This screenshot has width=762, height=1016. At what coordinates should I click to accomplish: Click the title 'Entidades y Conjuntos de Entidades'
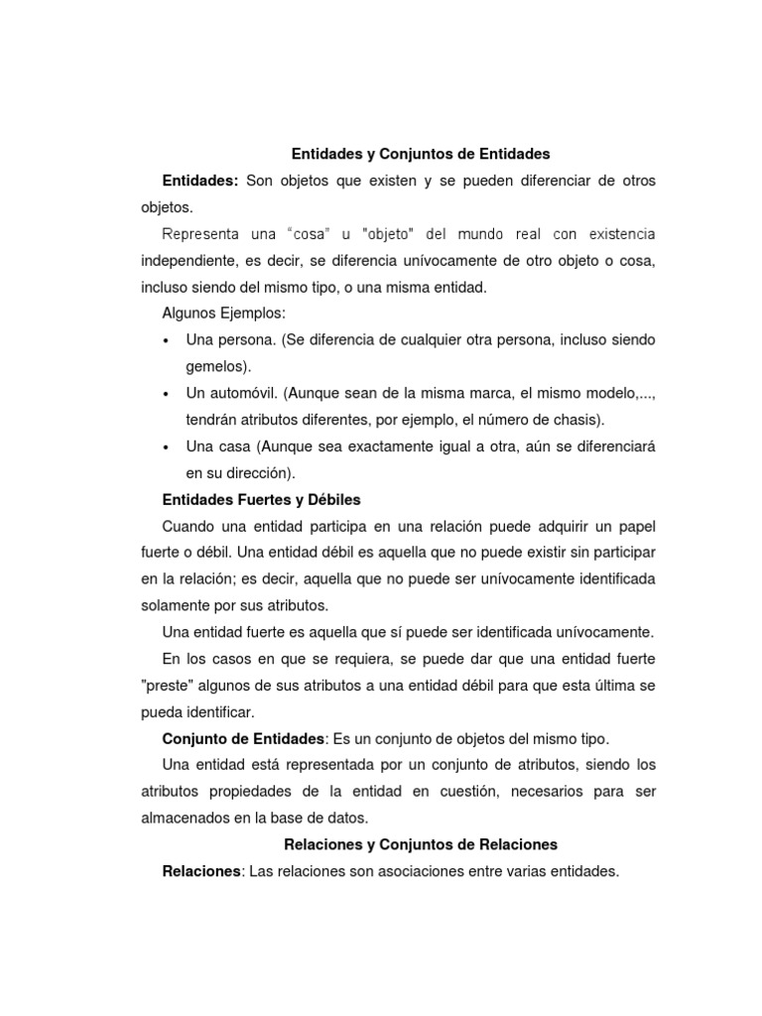421,154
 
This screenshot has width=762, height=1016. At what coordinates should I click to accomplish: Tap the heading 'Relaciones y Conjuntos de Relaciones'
421,844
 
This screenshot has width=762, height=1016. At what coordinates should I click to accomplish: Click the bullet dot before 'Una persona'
165,340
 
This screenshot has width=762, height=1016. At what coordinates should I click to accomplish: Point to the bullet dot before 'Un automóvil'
165,393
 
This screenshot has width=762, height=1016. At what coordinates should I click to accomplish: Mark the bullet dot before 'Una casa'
165,446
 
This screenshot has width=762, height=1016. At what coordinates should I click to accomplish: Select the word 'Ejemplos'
252,314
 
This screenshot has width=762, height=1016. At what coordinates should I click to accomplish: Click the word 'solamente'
174,605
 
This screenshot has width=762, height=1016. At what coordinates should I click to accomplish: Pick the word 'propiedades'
243,792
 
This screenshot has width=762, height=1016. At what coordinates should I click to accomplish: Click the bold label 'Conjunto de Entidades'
243,739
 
